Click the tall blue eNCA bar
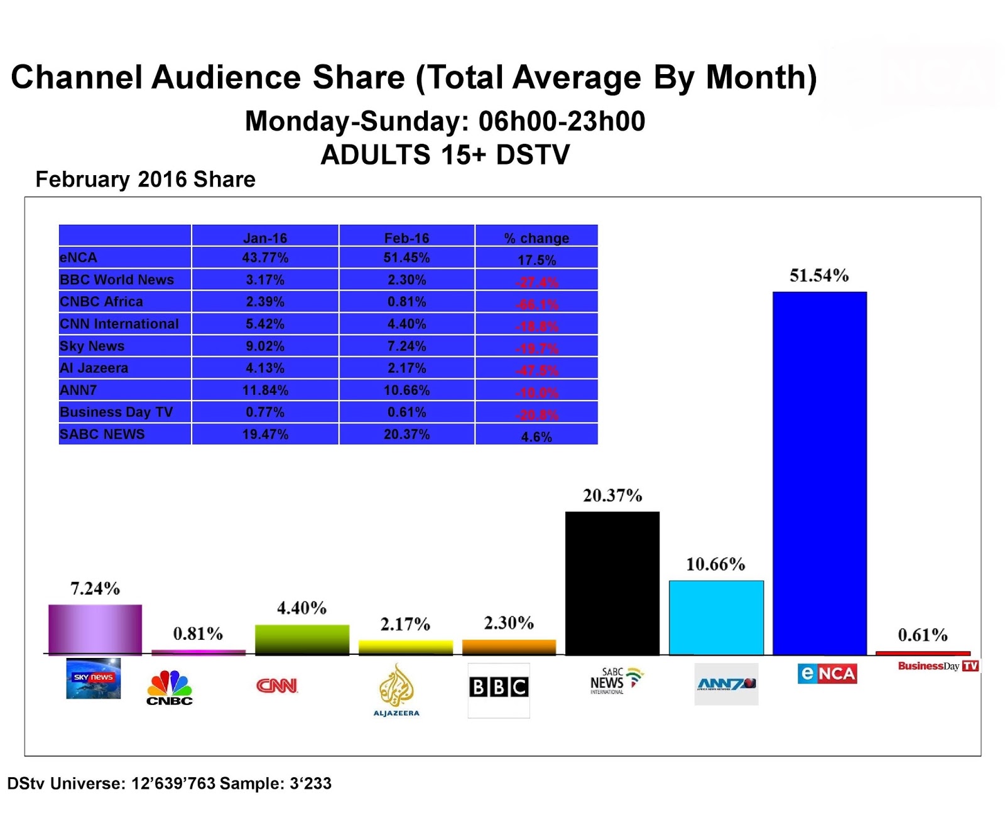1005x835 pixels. tap(819, 474)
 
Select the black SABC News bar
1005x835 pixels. tap(612, 583)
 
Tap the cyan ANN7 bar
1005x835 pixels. tap(716, 618)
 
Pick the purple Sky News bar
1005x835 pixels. tap(95, 629)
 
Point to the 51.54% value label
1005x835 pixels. tap(818, 276)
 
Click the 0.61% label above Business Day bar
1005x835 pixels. tap(922, 635)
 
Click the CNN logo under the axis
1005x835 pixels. tap(276, 686)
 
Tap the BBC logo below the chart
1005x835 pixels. tap(499, 687)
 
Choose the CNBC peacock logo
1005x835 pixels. tap(170, 687)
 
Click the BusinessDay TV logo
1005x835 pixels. tap(938, 665)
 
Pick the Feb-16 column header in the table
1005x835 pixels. tap(406, 238)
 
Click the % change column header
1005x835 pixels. tap(536, 238)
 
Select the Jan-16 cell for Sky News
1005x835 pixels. tap(264, 346)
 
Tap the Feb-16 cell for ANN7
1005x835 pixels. tap(406, 390)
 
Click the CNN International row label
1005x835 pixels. tap(119, 324)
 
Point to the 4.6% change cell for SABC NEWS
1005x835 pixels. tap(536, 436)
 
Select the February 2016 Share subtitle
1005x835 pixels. tap(145, 180)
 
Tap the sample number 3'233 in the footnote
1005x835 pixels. tap(310, 784)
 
